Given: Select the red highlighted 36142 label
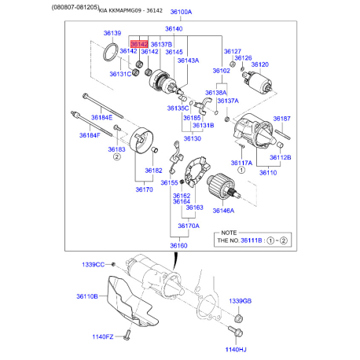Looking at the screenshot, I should click(139, 44).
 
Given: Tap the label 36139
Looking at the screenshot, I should click(112, 34).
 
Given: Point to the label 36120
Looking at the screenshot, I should click(259, 64).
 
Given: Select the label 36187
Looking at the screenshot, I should click(281, 119).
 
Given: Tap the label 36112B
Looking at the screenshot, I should click(280, 156).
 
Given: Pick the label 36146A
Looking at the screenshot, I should click(223, 211).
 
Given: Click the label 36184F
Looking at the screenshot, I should click(90, 134).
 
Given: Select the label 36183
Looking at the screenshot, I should click(116, 149).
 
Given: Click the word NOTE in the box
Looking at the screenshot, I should click(229, 233).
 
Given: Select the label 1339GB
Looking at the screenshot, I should click(241, 301).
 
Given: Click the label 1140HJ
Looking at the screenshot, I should click(236, 349).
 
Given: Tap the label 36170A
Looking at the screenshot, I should click(188, 226).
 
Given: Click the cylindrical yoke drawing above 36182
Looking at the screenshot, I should click(144, 145).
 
